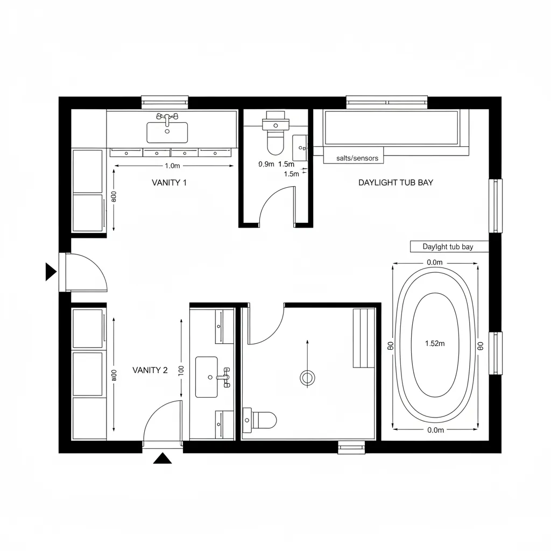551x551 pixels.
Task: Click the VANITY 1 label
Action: pos(169,182)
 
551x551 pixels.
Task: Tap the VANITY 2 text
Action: pos(150,370)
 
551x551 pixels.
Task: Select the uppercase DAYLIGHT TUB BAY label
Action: pos(395,182)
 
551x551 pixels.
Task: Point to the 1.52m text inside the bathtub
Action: pos(435,344)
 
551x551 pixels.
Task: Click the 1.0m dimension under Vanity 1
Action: pos(173,166)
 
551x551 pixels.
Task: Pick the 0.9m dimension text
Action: pos(266,164)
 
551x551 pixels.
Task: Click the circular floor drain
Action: pos(307,378)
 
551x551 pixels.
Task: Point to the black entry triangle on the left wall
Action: pos(50,272)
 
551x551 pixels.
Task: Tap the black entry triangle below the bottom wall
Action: pos(162,458)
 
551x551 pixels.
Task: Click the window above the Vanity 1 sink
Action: pos(165,101)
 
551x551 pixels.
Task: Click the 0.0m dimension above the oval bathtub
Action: pos(435,263)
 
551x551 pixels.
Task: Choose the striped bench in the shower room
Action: pos(364,338)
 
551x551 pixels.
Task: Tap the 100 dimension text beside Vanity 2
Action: pos(180,371)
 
